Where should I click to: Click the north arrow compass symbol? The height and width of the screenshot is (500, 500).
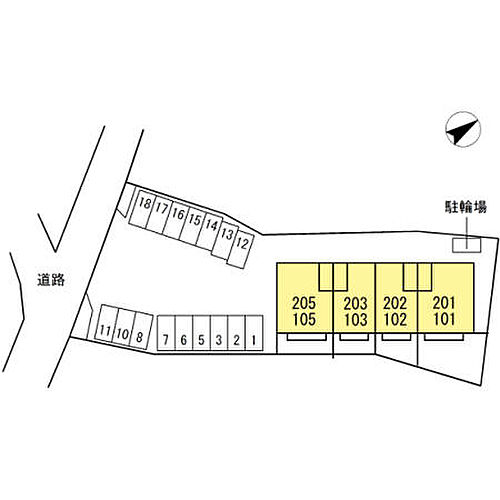(x=463, y=129)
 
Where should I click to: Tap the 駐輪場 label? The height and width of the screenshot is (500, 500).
(x=466, y=207)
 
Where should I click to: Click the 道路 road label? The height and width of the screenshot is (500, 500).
(x=51, y=280)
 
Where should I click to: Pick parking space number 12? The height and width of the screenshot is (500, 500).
(x=240, y=250)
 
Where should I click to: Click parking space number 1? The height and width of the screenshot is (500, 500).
(x=254, y=333)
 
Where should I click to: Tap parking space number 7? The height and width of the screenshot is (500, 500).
(x=166, y=333)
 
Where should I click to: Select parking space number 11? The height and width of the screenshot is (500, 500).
(x=106, y=323)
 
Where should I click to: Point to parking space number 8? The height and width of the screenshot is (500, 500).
(x=141, y=330)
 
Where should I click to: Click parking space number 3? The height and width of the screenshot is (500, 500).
(x=219, y=333)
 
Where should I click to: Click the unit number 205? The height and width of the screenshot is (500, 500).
(x=304, y=303)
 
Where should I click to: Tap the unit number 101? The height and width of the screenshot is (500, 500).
(x=445, y=319)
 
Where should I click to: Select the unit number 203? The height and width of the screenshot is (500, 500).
(x=356, y=303)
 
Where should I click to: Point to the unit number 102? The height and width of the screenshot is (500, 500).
(x=395, y=319)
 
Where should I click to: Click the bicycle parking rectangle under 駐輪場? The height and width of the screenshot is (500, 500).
(x=467, y=245)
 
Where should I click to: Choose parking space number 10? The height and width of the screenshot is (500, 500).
(x=123, y=327)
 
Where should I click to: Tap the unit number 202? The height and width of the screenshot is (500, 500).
(x=395, y=303)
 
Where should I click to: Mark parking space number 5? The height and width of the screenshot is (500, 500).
(x=201, y=333)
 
